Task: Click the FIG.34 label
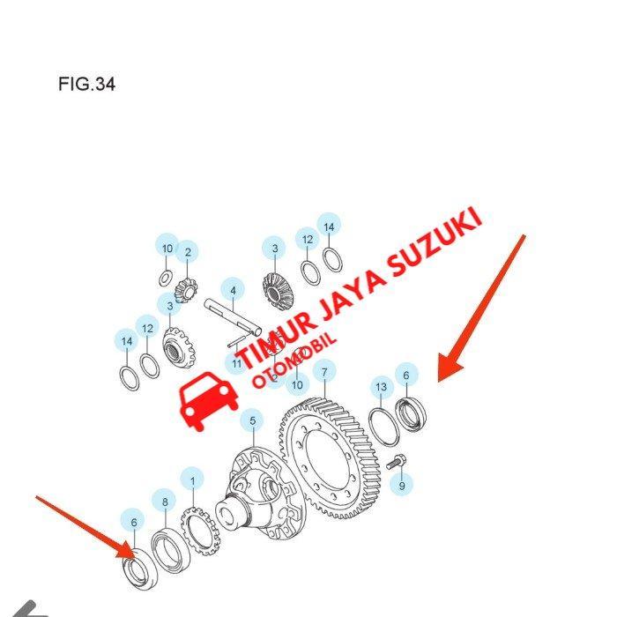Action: point(86,85)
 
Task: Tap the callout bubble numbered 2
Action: point(187,253)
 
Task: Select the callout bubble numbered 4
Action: point(233,290)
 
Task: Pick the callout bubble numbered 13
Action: point(381,387)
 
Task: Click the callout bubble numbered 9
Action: point(402,486)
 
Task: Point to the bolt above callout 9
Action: point(395,459)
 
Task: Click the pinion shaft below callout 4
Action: point(234,318)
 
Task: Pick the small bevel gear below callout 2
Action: point(185,288)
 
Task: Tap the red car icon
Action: point(208,402)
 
